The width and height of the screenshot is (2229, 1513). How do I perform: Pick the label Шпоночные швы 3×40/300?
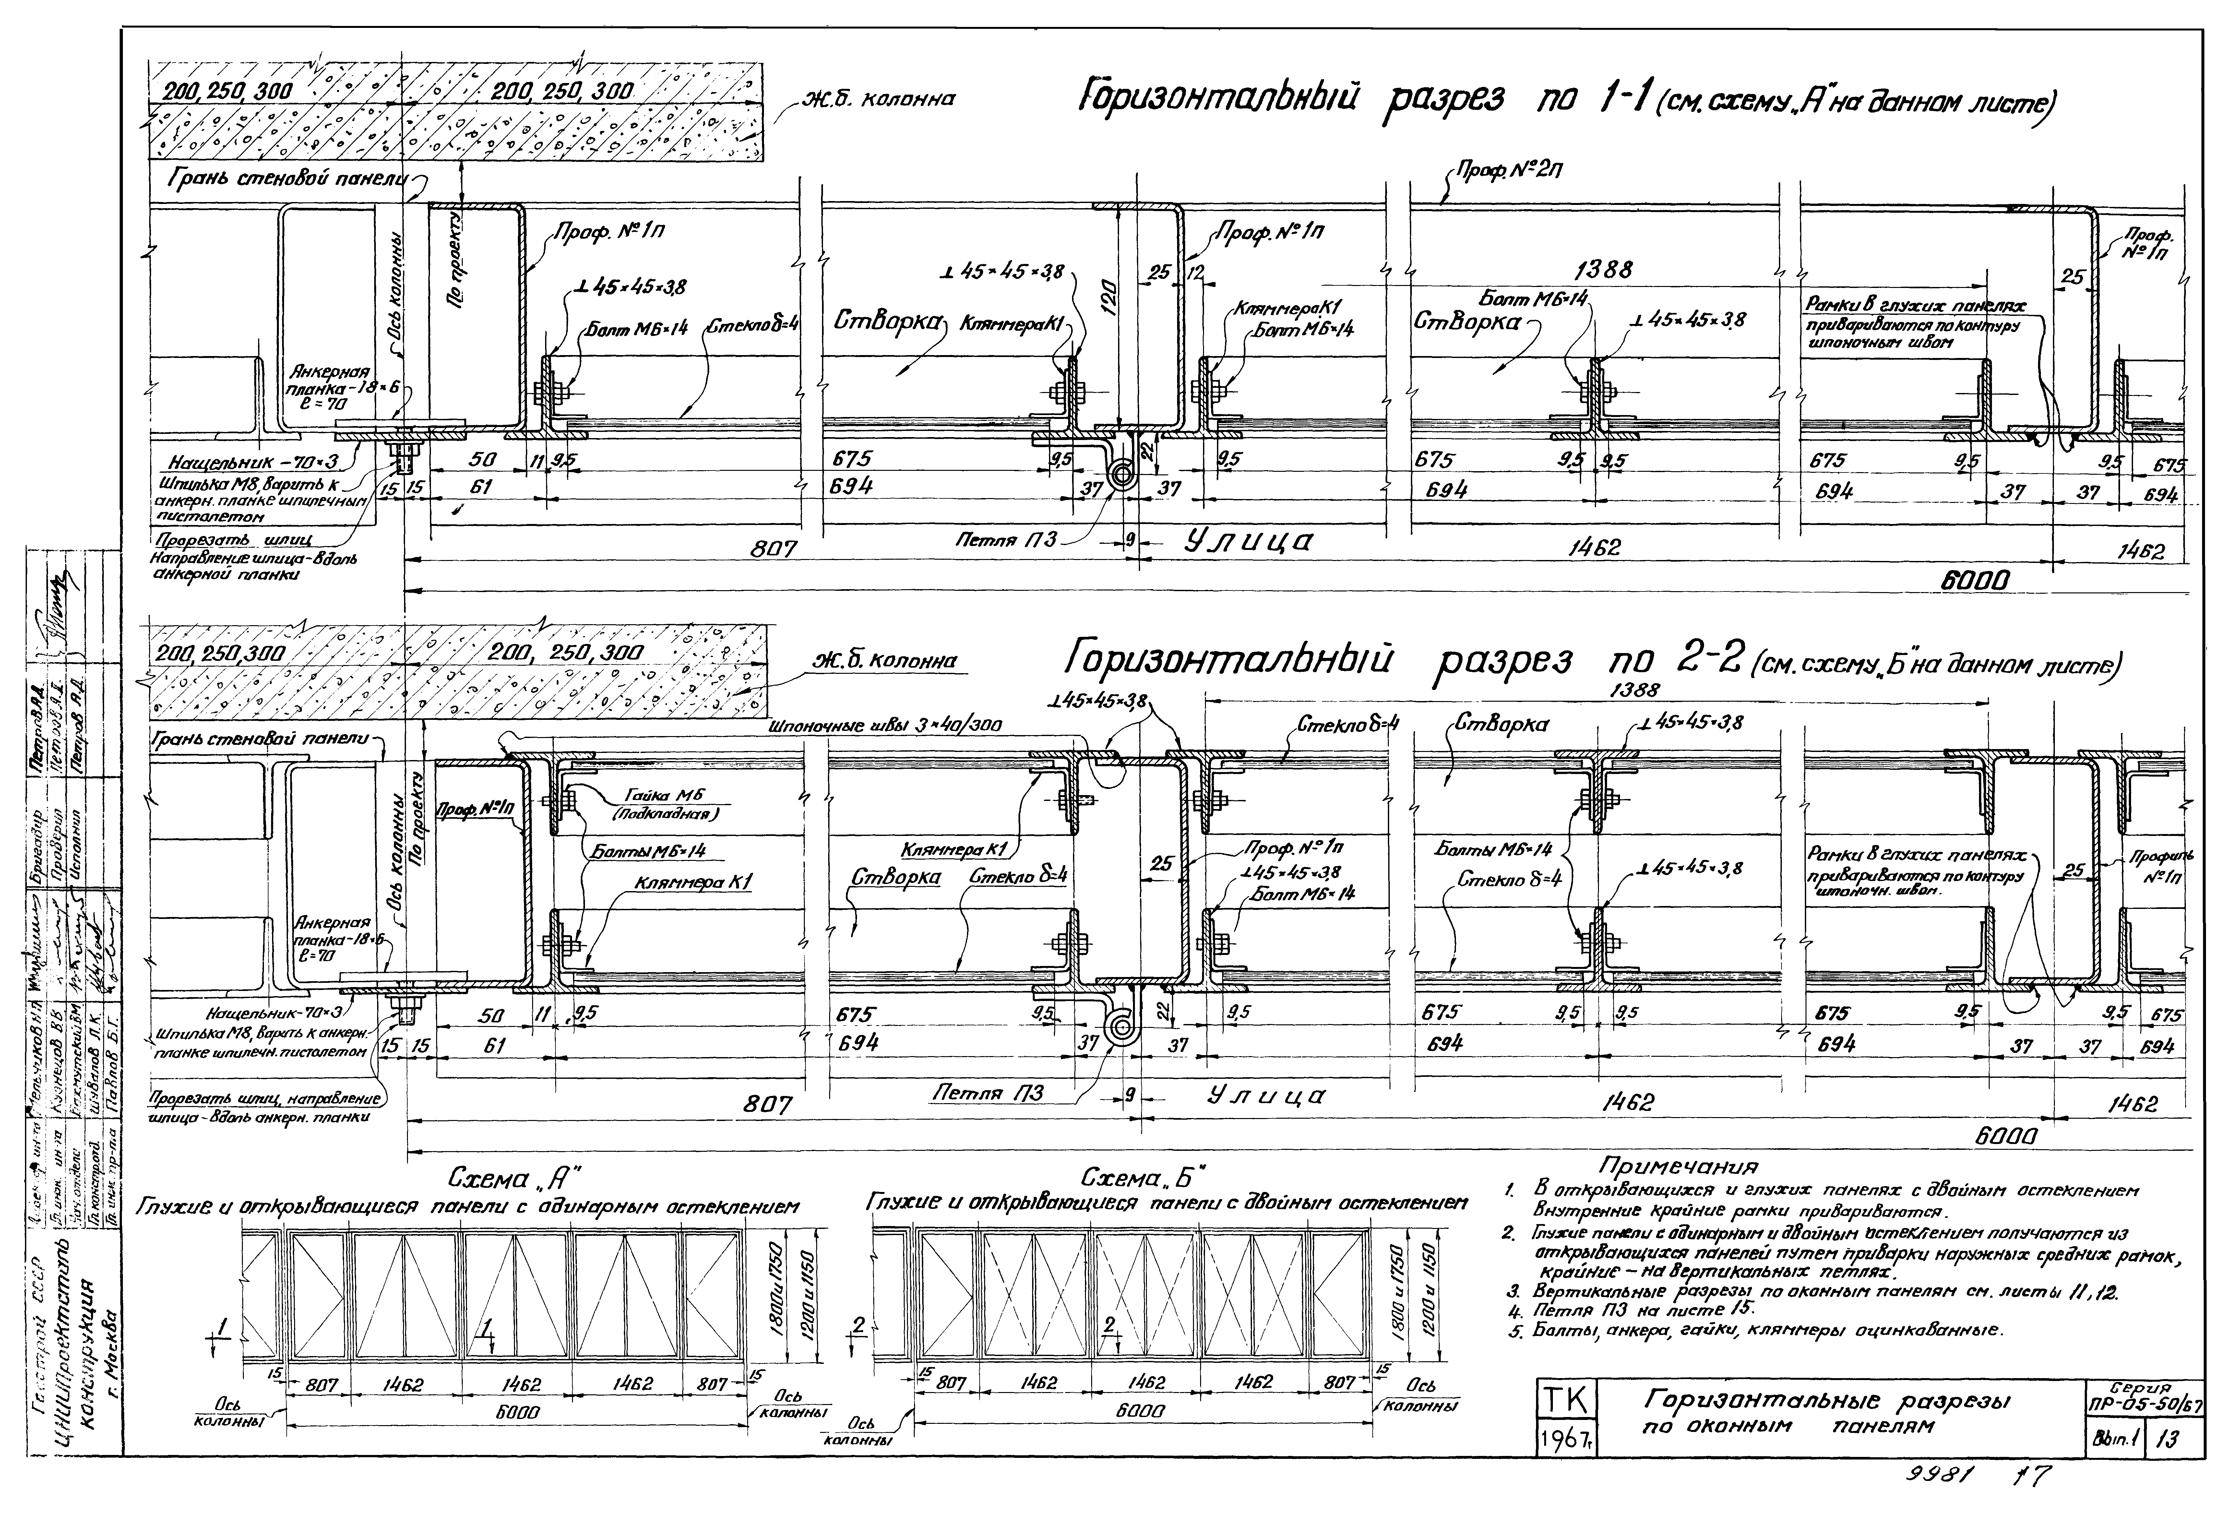tap(884, 727)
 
